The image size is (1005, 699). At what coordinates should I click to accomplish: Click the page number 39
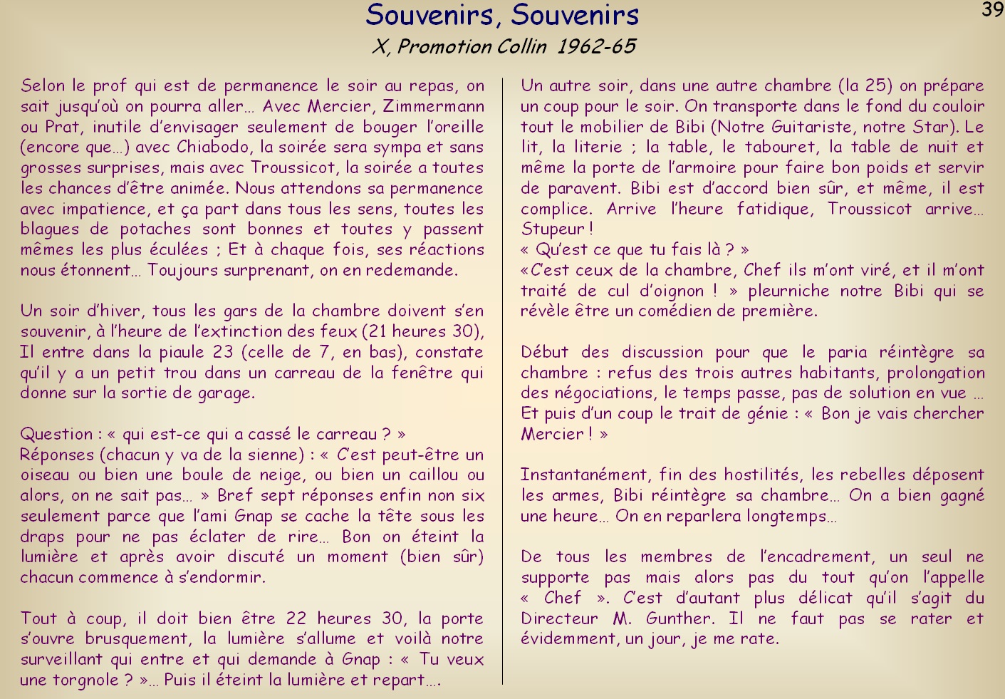[992, 10]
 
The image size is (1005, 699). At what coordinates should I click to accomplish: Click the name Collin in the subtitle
[522, 47]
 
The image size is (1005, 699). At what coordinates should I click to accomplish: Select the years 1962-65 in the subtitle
[596, 47]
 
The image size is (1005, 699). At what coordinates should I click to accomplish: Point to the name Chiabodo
[212, 147]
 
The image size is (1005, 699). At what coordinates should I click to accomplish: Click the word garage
[224, 393]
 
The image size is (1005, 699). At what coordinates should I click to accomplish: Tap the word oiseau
[45, 475]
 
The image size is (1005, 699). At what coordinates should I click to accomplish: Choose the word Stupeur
[553, 229]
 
